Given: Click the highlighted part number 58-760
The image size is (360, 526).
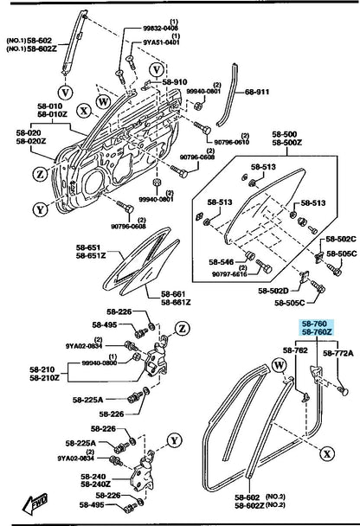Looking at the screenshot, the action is pos(314,324).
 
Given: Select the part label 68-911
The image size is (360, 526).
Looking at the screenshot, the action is pos(257,92).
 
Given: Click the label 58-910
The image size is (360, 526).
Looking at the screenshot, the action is pos(175,82).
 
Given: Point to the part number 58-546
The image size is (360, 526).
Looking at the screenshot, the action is pos(221,261).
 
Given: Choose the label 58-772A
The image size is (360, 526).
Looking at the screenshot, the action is pos(338,353).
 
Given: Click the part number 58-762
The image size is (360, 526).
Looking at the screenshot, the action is pos(295,350).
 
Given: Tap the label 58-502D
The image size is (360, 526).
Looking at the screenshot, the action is pos(273,291).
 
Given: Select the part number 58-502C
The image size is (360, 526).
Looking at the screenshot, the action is pos(341,239).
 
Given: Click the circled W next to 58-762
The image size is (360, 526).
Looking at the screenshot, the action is pos(280,366).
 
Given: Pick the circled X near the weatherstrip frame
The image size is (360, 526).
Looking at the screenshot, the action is pos(327,454).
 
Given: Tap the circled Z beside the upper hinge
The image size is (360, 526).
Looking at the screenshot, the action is pos(183,328).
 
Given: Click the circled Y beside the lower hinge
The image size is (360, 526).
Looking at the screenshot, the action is pos(175,440).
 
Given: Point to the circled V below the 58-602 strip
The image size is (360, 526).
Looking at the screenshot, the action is pos(65,92).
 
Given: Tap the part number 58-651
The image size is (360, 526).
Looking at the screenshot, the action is pos(88,247).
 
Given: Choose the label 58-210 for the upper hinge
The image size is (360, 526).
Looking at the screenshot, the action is pos(42,369).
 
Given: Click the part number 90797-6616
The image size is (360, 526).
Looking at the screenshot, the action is pos(229,274).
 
